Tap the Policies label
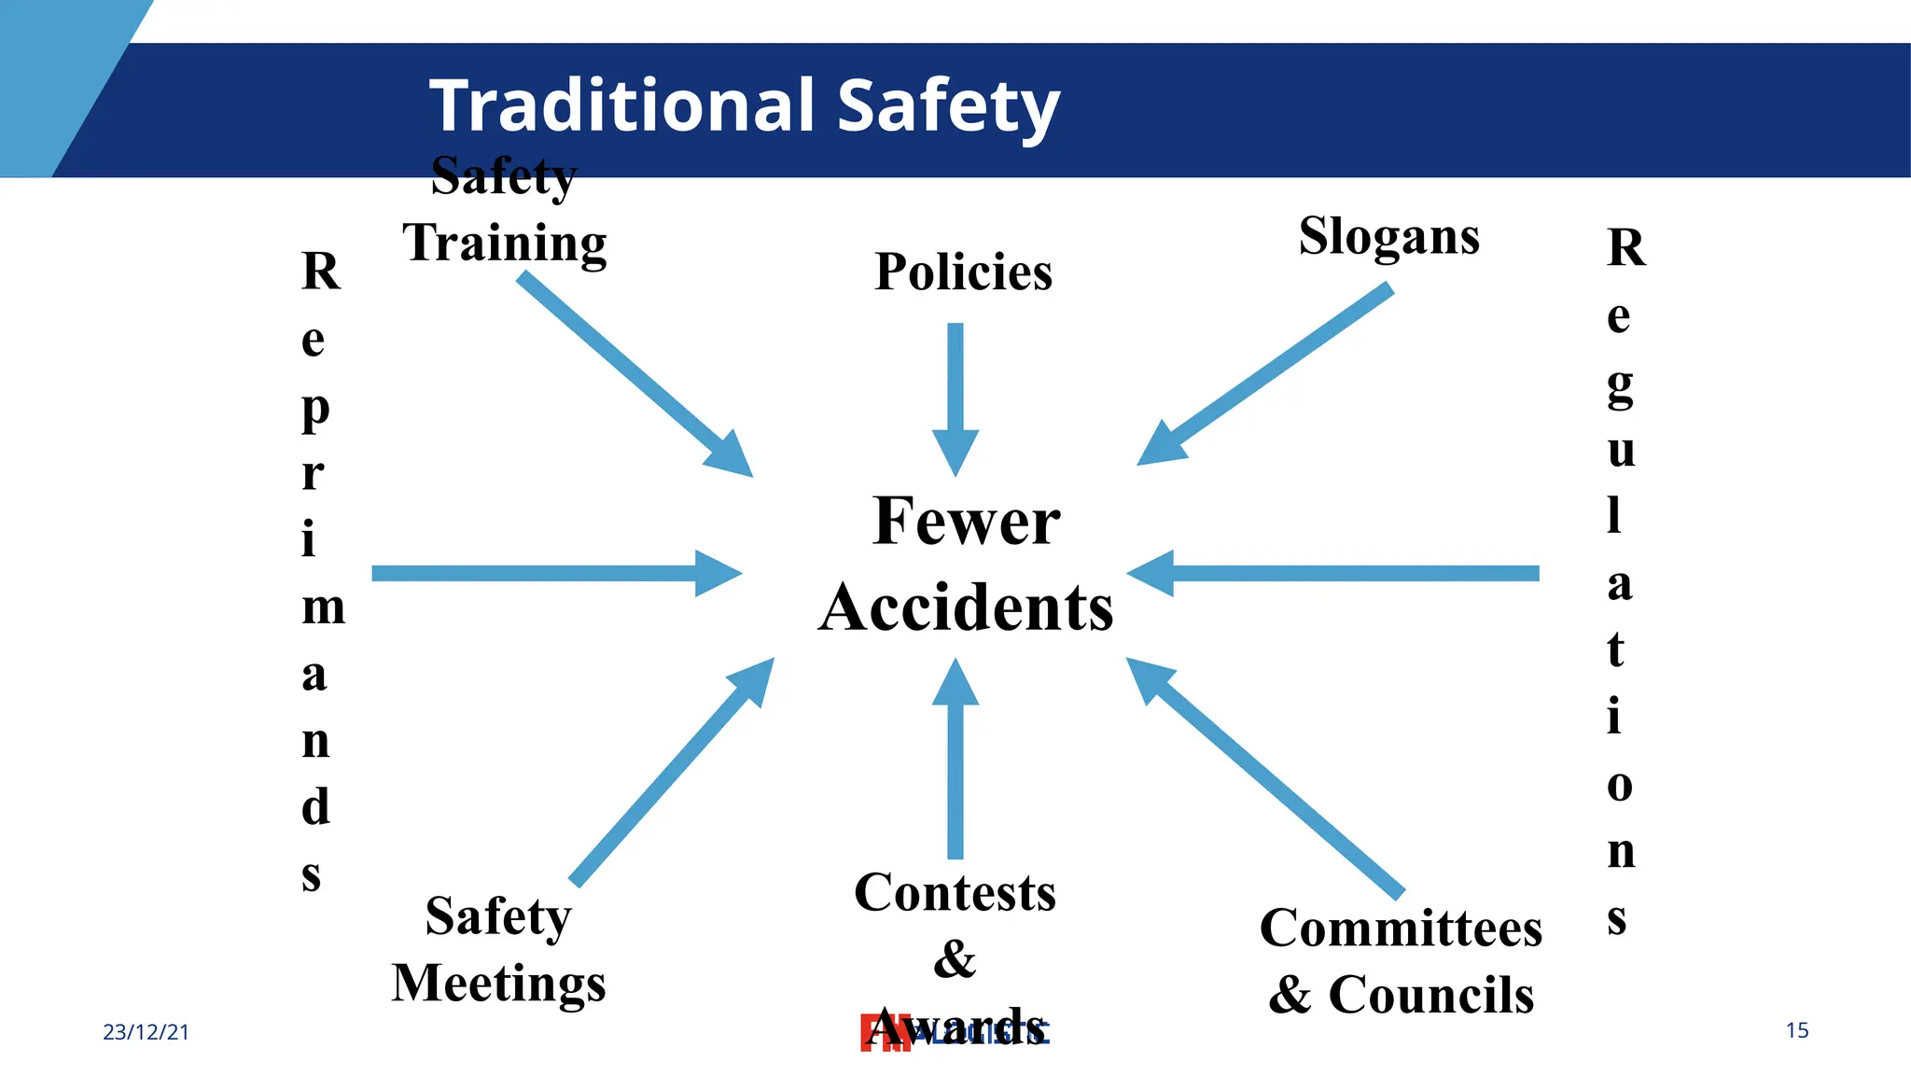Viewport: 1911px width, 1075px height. tap(963, 272)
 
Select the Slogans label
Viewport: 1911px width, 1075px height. tap(1388, 237)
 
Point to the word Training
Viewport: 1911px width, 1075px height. tap(505, 244)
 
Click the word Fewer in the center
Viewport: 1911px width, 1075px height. tap(967, 521)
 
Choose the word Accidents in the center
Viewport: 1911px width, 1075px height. tap(966, 607)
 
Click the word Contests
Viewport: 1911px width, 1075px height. tap(955, 892)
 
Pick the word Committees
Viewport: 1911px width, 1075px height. tap(1401, 928)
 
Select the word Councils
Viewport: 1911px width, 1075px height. tap(1430, 995)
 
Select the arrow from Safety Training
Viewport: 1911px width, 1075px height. tap(635, 373)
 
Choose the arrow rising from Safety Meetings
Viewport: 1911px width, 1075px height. tap(672, 771)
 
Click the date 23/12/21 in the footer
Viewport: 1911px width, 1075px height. tap(146, 1032)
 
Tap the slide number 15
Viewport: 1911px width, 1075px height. tap(1797, 1030)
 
